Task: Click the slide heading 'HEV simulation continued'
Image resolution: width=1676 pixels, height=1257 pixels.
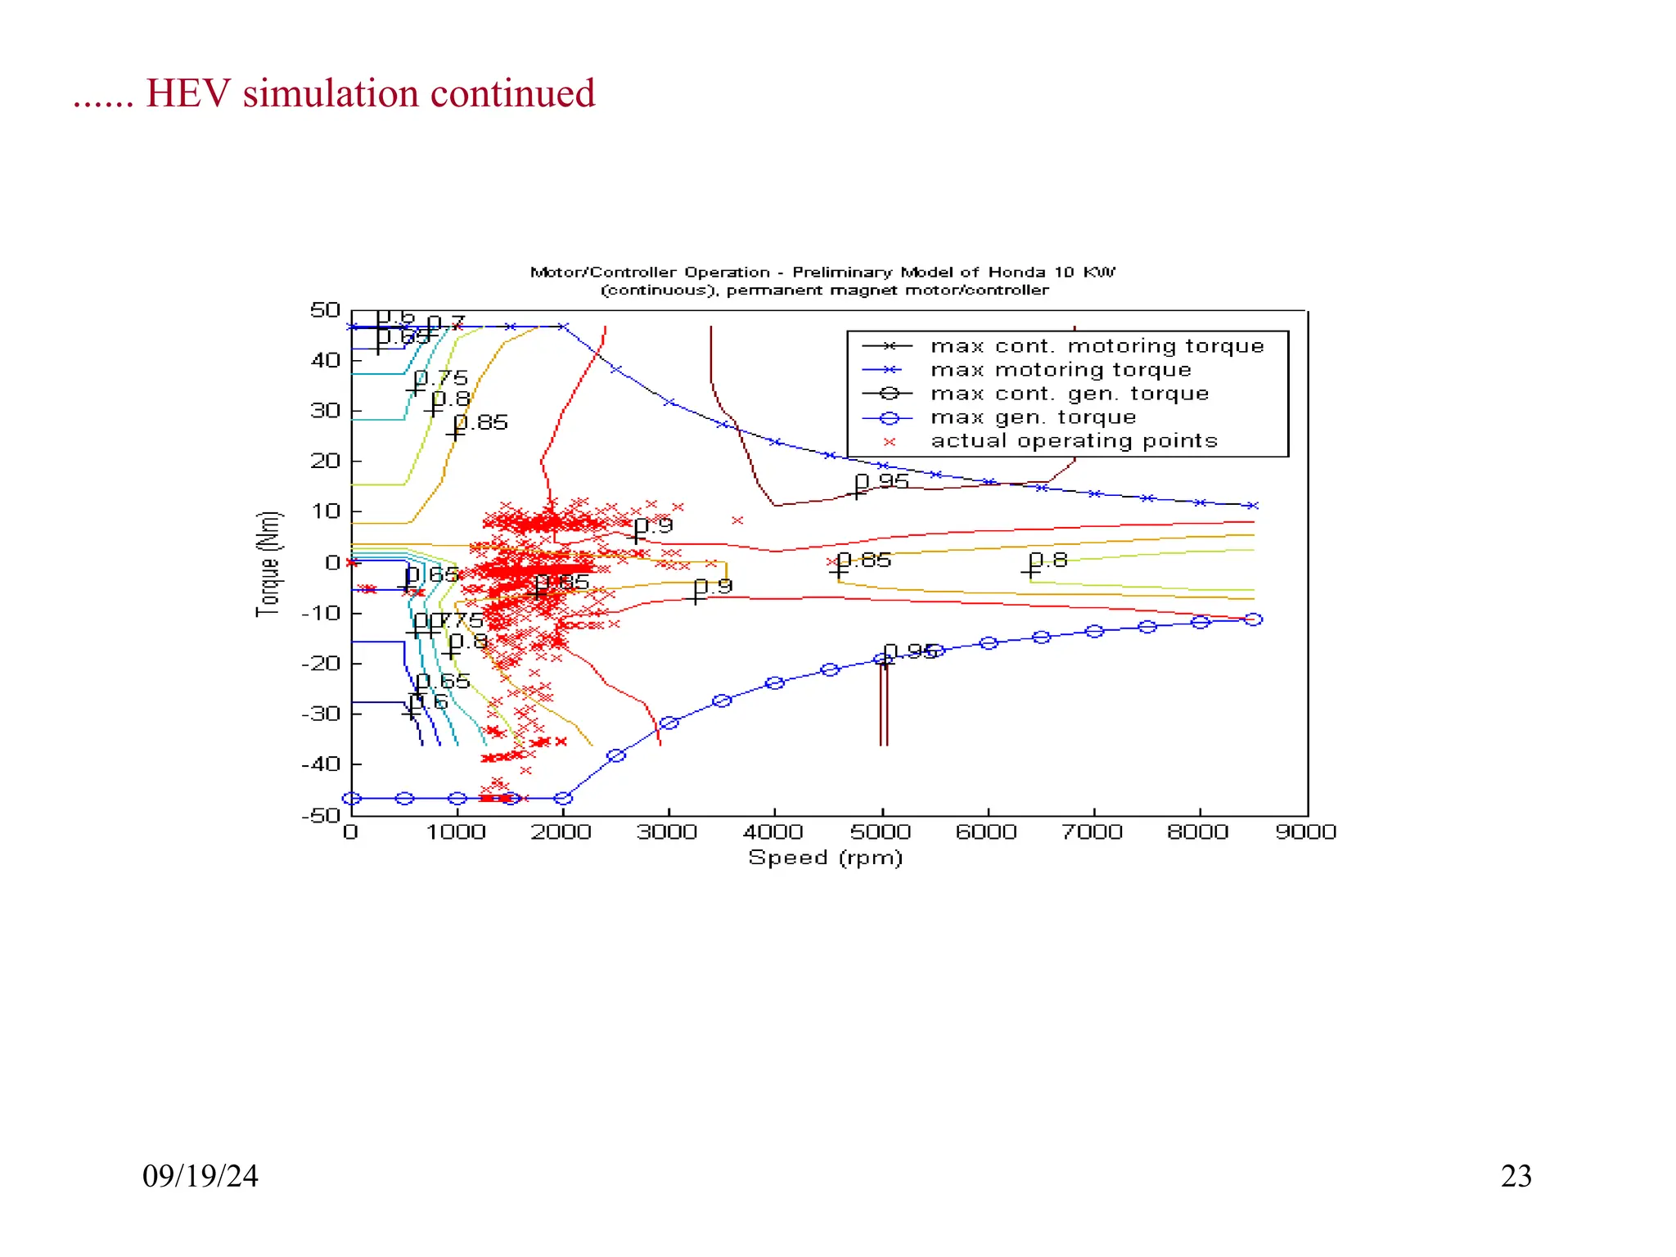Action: (370, 93)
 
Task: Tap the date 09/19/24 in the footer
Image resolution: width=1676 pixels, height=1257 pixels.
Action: (200, 1176)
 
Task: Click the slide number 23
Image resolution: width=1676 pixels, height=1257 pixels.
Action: (1516, 1176)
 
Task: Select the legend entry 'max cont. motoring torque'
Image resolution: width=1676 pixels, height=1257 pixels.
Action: (1097, 346)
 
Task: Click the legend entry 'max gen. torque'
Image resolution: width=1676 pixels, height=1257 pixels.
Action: (1033, 417)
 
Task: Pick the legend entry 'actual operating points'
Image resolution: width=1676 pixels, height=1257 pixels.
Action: (1074, 441)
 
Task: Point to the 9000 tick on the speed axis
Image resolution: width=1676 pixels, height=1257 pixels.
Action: (1305, 832)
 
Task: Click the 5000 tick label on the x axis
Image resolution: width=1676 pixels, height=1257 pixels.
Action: (881, 832)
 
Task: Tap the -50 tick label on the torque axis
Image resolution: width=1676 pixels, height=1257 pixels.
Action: (321, 815)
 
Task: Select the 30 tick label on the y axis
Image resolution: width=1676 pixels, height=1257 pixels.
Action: (325, 411)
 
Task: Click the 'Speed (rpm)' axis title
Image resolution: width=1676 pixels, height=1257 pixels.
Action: (825, 858)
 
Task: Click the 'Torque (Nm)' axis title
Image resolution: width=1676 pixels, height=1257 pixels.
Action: (268, 563)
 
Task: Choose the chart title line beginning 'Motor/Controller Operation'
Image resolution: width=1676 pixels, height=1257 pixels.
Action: (822, 272)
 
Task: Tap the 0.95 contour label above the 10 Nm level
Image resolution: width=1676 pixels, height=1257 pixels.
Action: (882, 481)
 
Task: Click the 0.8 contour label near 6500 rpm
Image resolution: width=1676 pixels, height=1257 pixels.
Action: (1049, 561)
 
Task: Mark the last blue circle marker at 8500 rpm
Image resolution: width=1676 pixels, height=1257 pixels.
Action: (1253, 619)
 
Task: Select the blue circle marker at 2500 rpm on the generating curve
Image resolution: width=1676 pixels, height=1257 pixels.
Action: (616, 755)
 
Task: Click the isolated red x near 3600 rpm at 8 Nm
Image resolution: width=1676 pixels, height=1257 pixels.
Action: (737, 520)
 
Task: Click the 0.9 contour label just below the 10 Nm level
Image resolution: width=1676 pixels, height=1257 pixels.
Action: (655, 526)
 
